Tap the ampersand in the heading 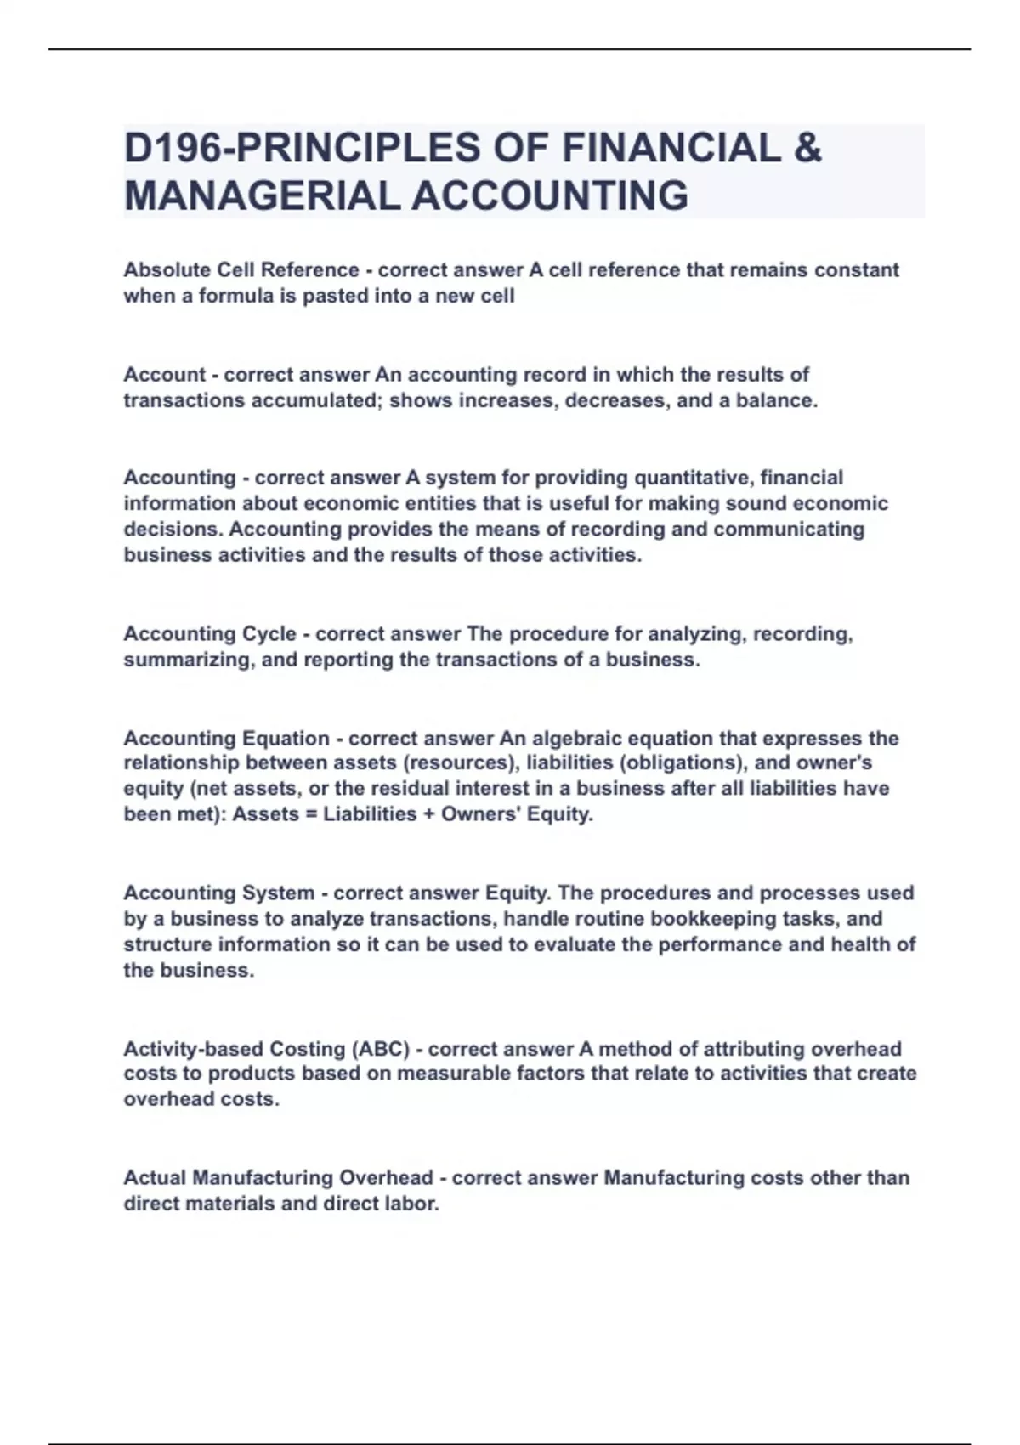pyautogui.click(x=807, y=148)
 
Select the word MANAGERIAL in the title pyautogui.click(x=261, y=196)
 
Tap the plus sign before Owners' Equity pyautogui.click(x=429, y=814)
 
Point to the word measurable pyautogui.click(x=454, y=1074)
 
